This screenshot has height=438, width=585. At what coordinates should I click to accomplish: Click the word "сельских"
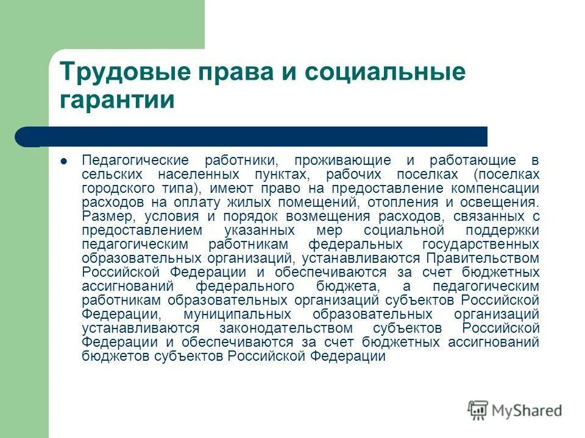point(109,174)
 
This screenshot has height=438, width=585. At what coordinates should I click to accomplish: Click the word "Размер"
point(103,216)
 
